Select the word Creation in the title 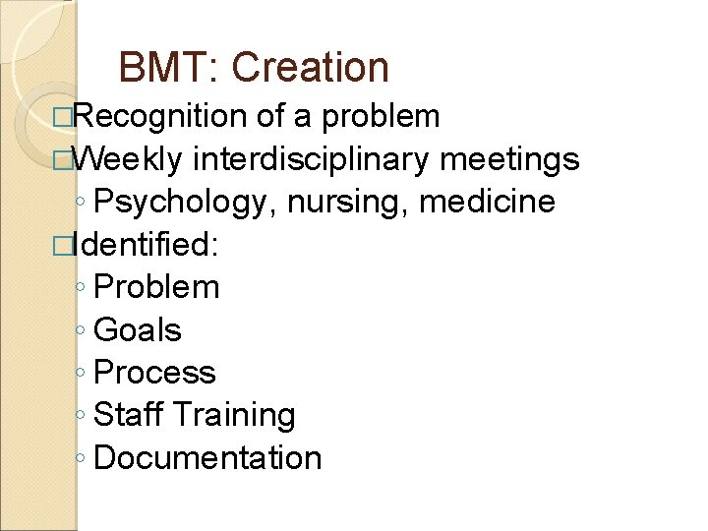311,68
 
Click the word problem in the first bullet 382,117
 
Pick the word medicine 487,202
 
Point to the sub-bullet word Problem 157,287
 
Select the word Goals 138,330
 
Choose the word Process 155,373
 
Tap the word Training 233,416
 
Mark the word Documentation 208,458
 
